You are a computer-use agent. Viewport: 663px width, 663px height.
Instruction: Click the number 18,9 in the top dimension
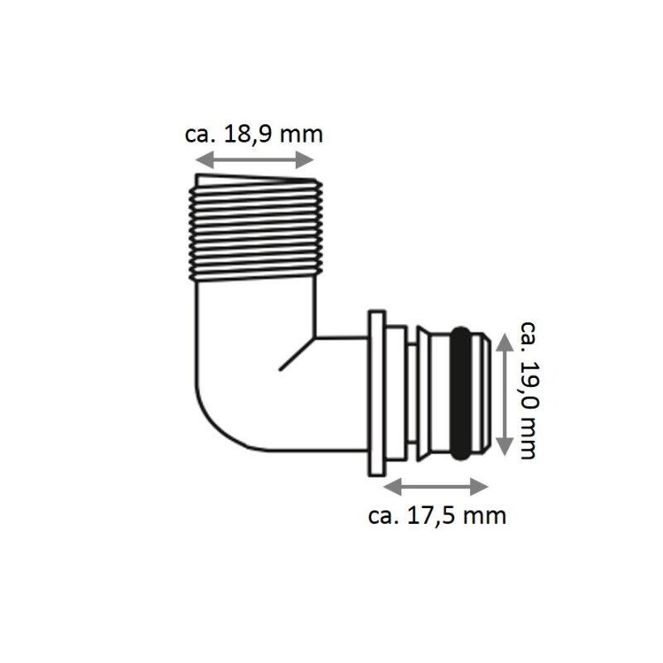point(247,134)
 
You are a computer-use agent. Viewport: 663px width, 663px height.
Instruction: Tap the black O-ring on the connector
point(461,393)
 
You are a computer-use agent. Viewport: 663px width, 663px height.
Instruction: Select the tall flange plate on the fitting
point(377,393)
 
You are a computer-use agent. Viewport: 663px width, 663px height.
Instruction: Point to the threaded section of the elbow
point(256,228)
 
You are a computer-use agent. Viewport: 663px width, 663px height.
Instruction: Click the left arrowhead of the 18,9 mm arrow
point(203,160)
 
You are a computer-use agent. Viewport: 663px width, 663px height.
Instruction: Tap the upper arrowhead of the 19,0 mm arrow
point(503,341)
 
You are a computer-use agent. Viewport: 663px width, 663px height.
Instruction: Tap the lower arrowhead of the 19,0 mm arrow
point(503,447)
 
